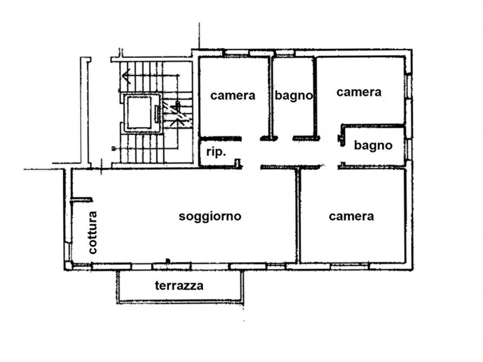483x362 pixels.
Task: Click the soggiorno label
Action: (210, 217)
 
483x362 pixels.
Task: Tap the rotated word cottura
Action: (92, 232)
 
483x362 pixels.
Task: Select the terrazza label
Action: (179, 286)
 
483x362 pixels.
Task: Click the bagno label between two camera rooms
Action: (294, 96)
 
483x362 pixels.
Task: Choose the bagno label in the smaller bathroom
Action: (373, 145)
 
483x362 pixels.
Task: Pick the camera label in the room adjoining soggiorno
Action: (351, 217)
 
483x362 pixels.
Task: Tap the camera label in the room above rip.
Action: (233, 96)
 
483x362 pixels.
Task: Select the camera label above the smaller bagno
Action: (359, 92)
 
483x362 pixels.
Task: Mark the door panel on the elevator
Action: (157, 113)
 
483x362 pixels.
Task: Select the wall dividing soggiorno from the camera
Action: (297, 216)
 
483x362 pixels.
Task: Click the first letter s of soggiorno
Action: (182, 217)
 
